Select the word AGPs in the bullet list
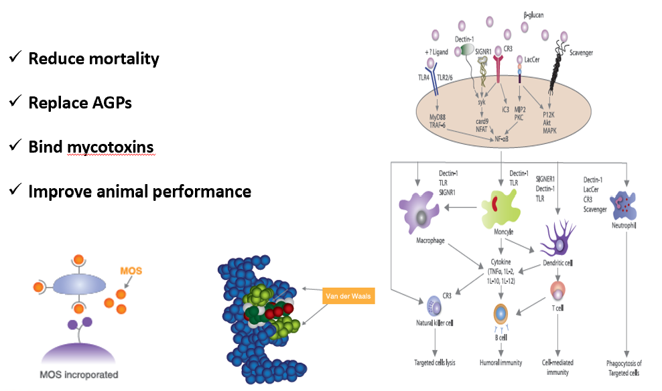click(113, 102)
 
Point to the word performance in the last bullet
click(197, 191)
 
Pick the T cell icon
click(557, 291)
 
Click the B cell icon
click(501, 314)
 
